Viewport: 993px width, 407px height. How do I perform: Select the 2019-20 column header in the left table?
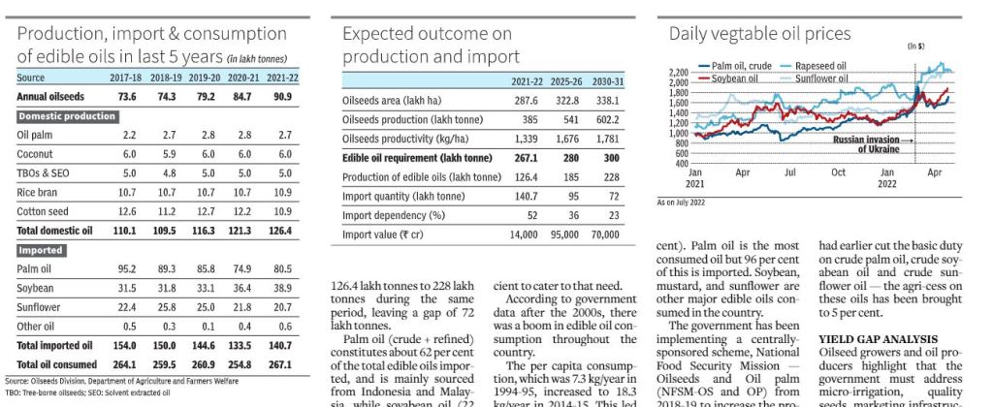pos(205,78)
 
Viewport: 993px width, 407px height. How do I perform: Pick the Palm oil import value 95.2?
pos(127,268)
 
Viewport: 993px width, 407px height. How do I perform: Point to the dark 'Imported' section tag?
pos(43,250)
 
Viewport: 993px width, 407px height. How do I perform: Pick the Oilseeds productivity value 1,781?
pos(605,138)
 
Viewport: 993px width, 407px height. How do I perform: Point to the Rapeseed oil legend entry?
pos(820,66)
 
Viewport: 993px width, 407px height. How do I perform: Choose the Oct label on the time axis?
pos(838,172)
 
